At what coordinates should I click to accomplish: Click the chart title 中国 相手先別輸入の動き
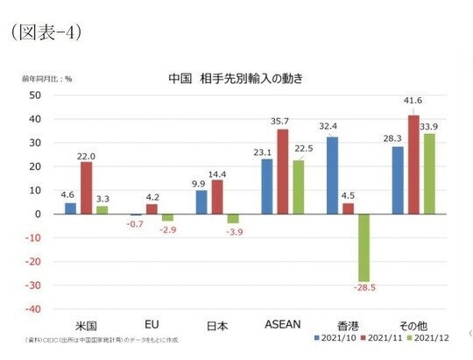click(x=235, y=79)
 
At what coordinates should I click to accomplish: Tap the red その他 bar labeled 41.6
click(x=413, y=164)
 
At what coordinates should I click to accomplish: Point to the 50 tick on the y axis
click(x=36, y=95)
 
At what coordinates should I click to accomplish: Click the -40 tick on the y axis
click(x=33, y=308)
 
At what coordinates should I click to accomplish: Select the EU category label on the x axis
click(x=151, y=323)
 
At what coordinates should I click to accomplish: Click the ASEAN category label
click(x=282, y=323)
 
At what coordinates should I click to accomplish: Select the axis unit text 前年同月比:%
click(x=47, y=79)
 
